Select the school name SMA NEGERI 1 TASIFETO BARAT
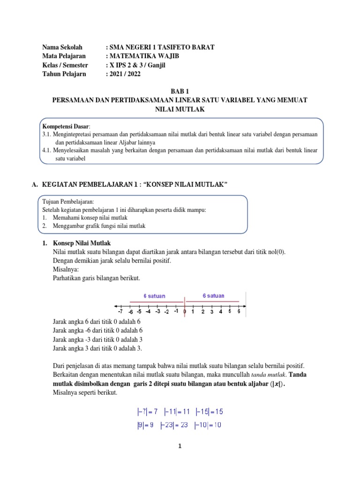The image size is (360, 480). (x=162, y=47)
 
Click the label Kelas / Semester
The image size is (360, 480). (x=65, y=65)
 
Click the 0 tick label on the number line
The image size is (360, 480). (x=185, y=311)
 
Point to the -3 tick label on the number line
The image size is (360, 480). (x=157, y=311)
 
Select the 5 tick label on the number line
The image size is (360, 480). (x=230, y=311)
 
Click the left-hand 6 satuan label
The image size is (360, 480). (x=154, y=296)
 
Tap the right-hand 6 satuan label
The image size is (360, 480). (x=213, y=296)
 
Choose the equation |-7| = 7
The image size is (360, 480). (x=145, y=412)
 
